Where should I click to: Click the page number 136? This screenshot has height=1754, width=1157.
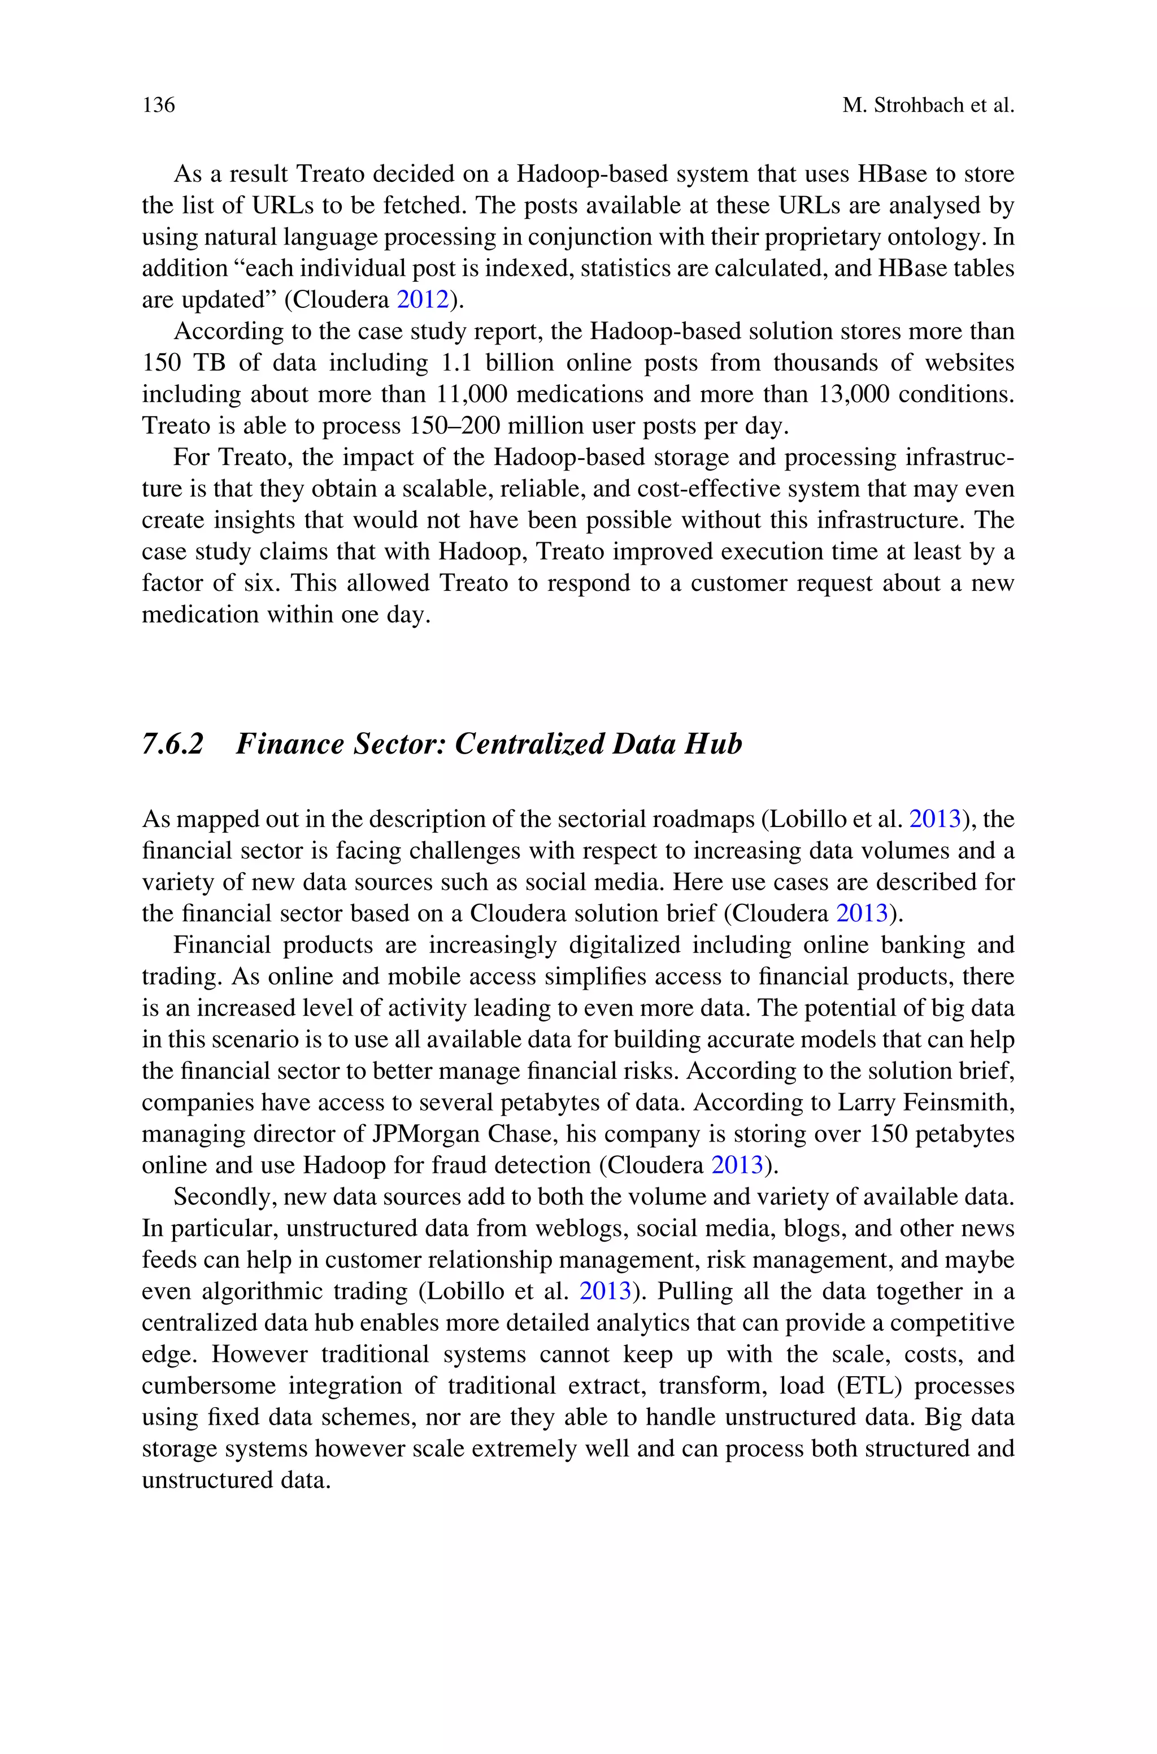pos(159,106)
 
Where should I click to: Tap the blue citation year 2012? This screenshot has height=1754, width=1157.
pos(423,299)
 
